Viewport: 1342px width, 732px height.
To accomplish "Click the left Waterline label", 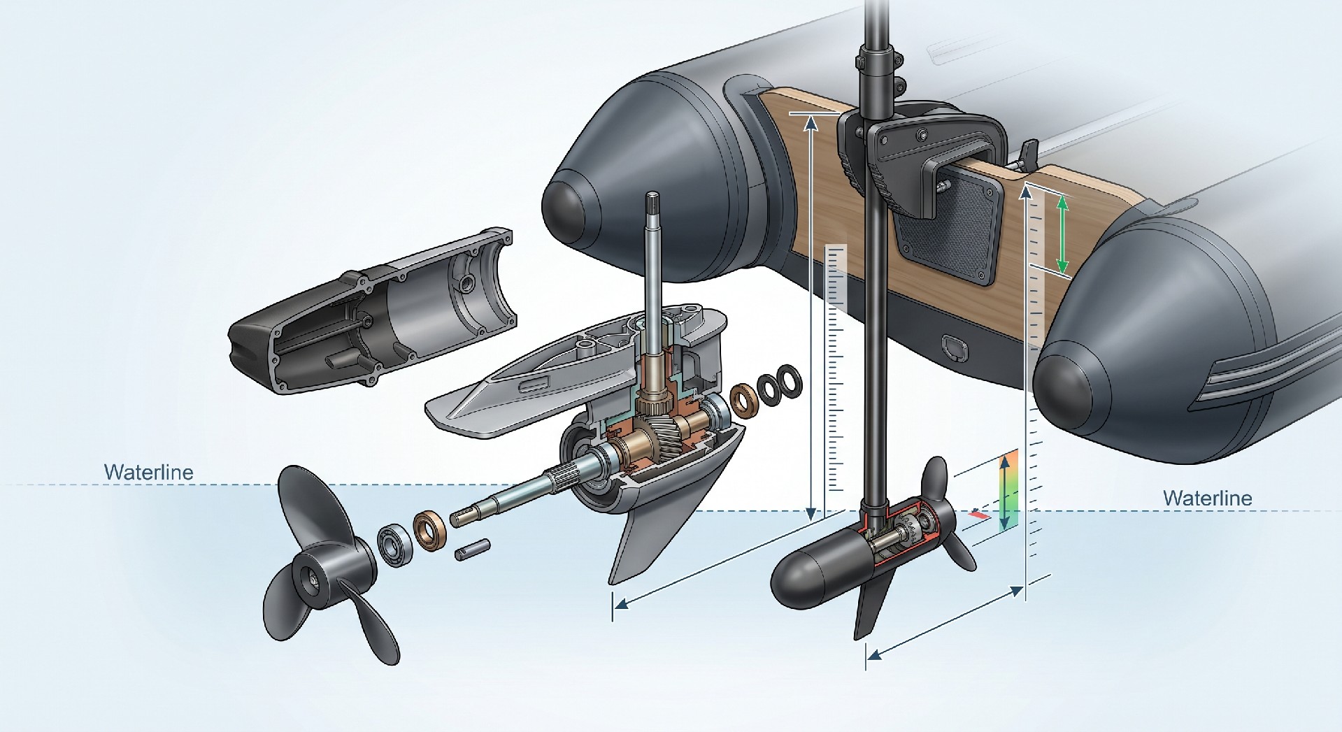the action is tap(148, 472).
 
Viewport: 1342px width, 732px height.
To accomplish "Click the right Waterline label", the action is tap(1207, 498).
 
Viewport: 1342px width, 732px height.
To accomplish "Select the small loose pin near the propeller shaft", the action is tap(472, 549).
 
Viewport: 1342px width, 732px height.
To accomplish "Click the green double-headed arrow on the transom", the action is tap(1062, 234).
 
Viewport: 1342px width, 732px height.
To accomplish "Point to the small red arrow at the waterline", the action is tap(980, 515).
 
